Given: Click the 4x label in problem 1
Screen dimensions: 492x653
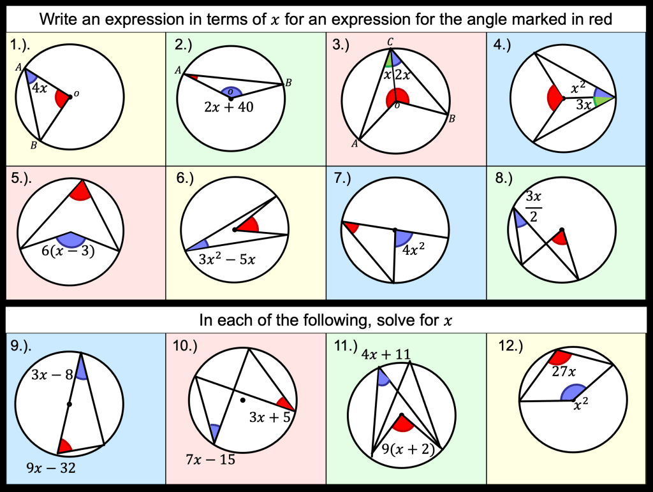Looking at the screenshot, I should tap(40, 87).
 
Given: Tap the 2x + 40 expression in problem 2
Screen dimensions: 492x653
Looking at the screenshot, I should tap(230, 107).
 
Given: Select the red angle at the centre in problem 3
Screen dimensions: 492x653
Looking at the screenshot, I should tap(394, 99).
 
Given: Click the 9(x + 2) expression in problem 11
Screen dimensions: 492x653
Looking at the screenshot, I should tap(406, 449).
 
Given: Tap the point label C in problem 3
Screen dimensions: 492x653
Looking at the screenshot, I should tap(391, 43).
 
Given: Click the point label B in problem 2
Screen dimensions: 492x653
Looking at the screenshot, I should tap(288, 82).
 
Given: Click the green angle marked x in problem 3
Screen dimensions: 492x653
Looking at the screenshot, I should tap(388, 62).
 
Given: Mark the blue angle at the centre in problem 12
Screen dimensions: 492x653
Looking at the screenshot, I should tap(573, 394).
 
